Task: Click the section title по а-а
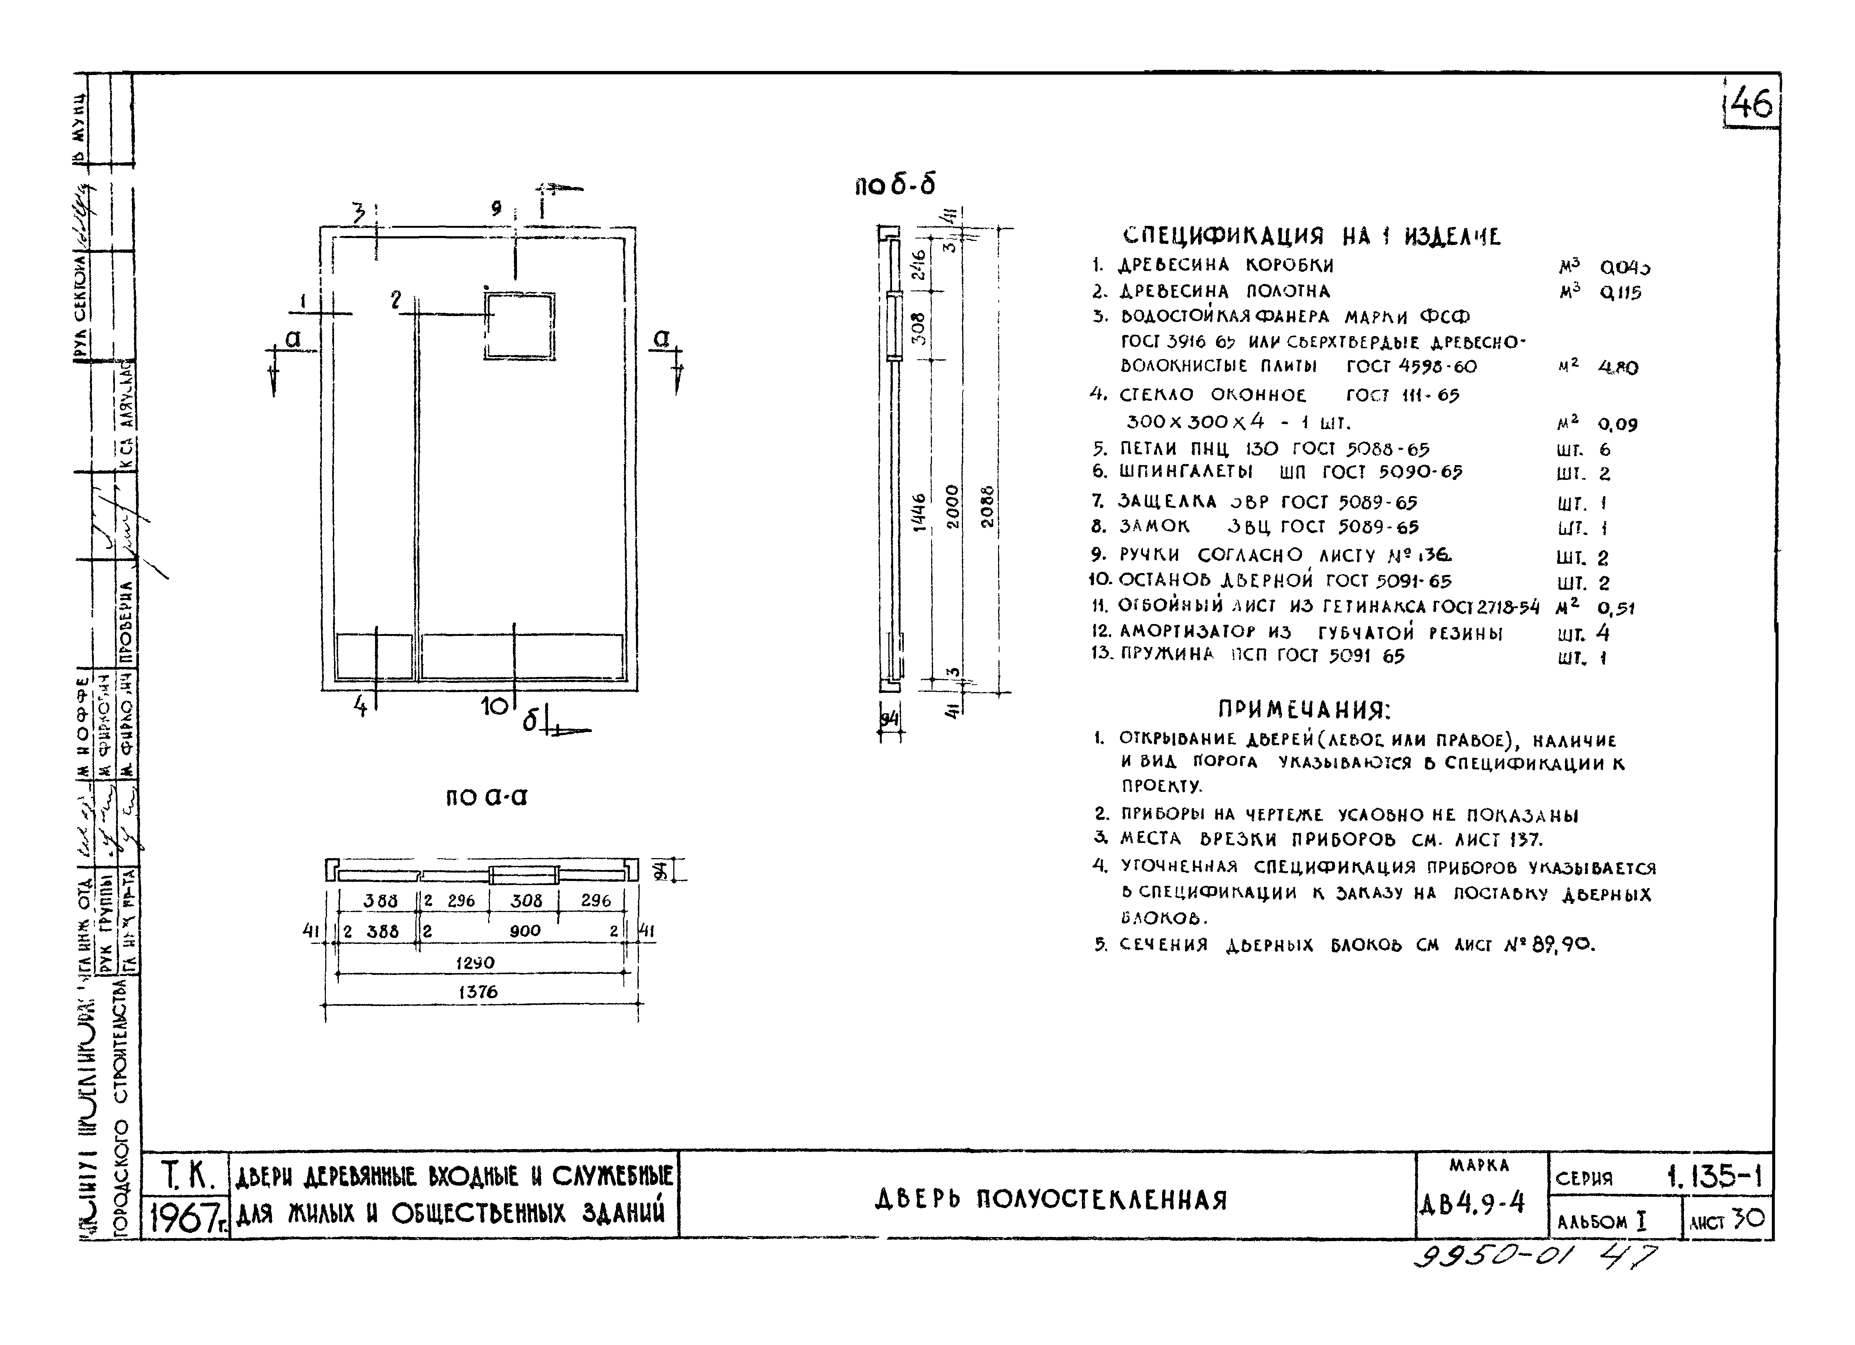(x=487, y=797)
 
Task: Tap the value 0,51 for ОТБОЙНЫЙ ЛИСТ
(x=1615, y=608)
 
